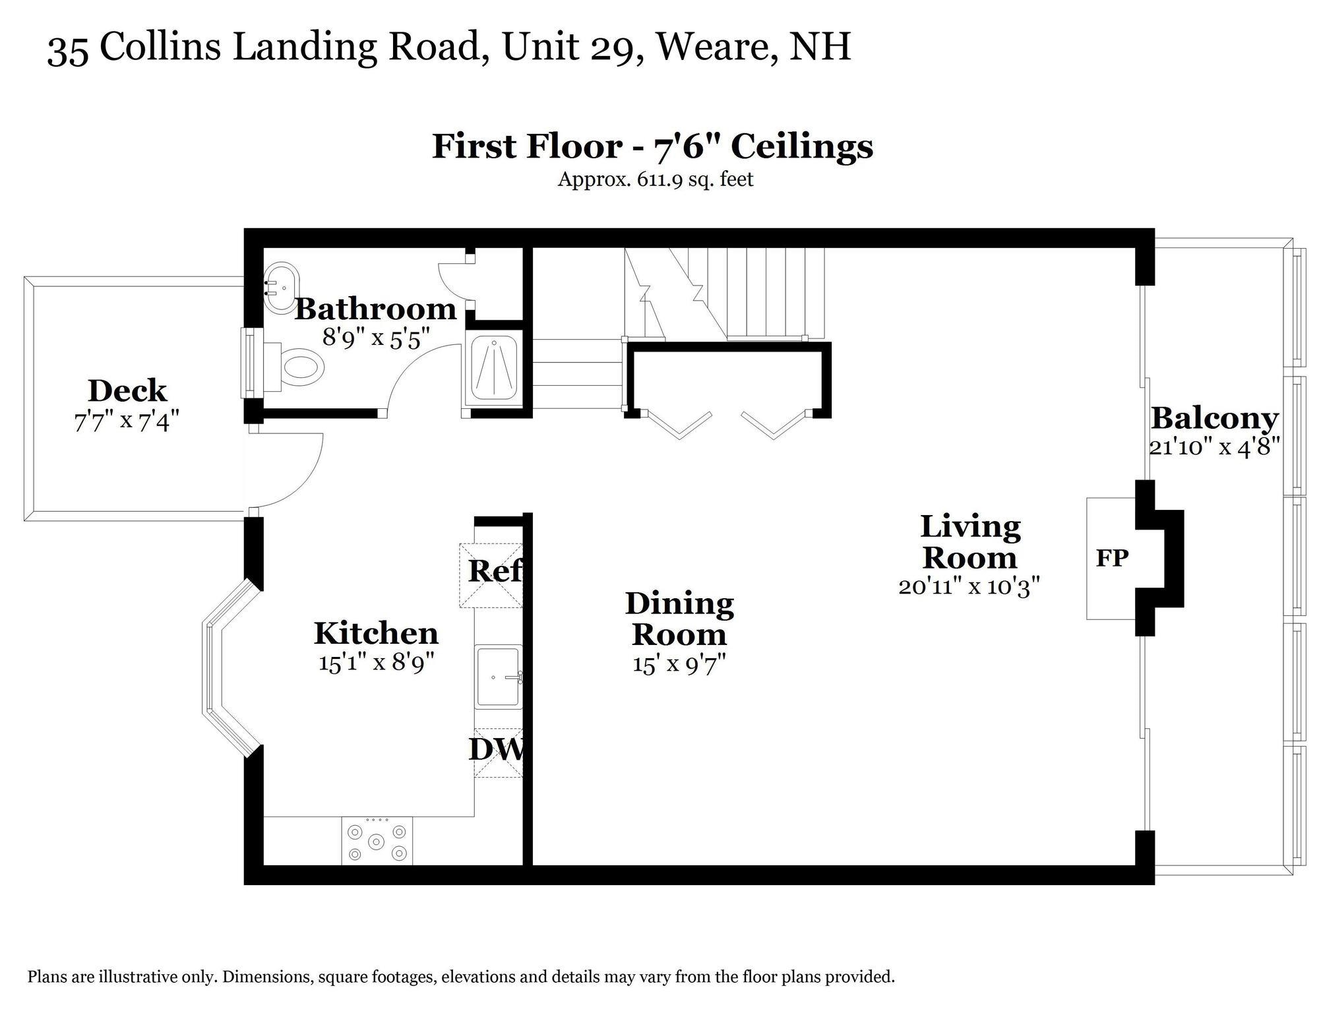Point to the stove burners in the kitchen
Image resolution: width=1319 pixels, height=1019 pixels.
coord(377,842)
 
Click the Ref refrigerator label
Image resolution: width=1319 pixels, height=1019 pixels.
coord(495,571)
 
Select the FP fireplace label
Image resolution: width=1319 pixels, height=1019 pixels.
coord(1112,558)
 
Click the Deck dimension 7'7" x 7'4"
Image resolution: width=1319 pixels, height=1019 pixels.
coord(127,421)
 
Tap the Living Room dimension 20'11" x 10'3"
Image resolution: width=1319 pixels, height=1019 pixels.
coord(969,586)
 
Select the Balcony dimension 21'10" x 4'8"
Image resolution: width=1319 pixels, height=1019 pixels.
coord(1214,447)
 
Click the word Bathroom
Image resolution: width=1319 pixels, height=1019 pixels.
coord(375,309)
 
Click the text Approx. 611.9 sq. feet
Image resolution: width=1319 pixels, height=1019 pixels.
coord(655,179)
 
